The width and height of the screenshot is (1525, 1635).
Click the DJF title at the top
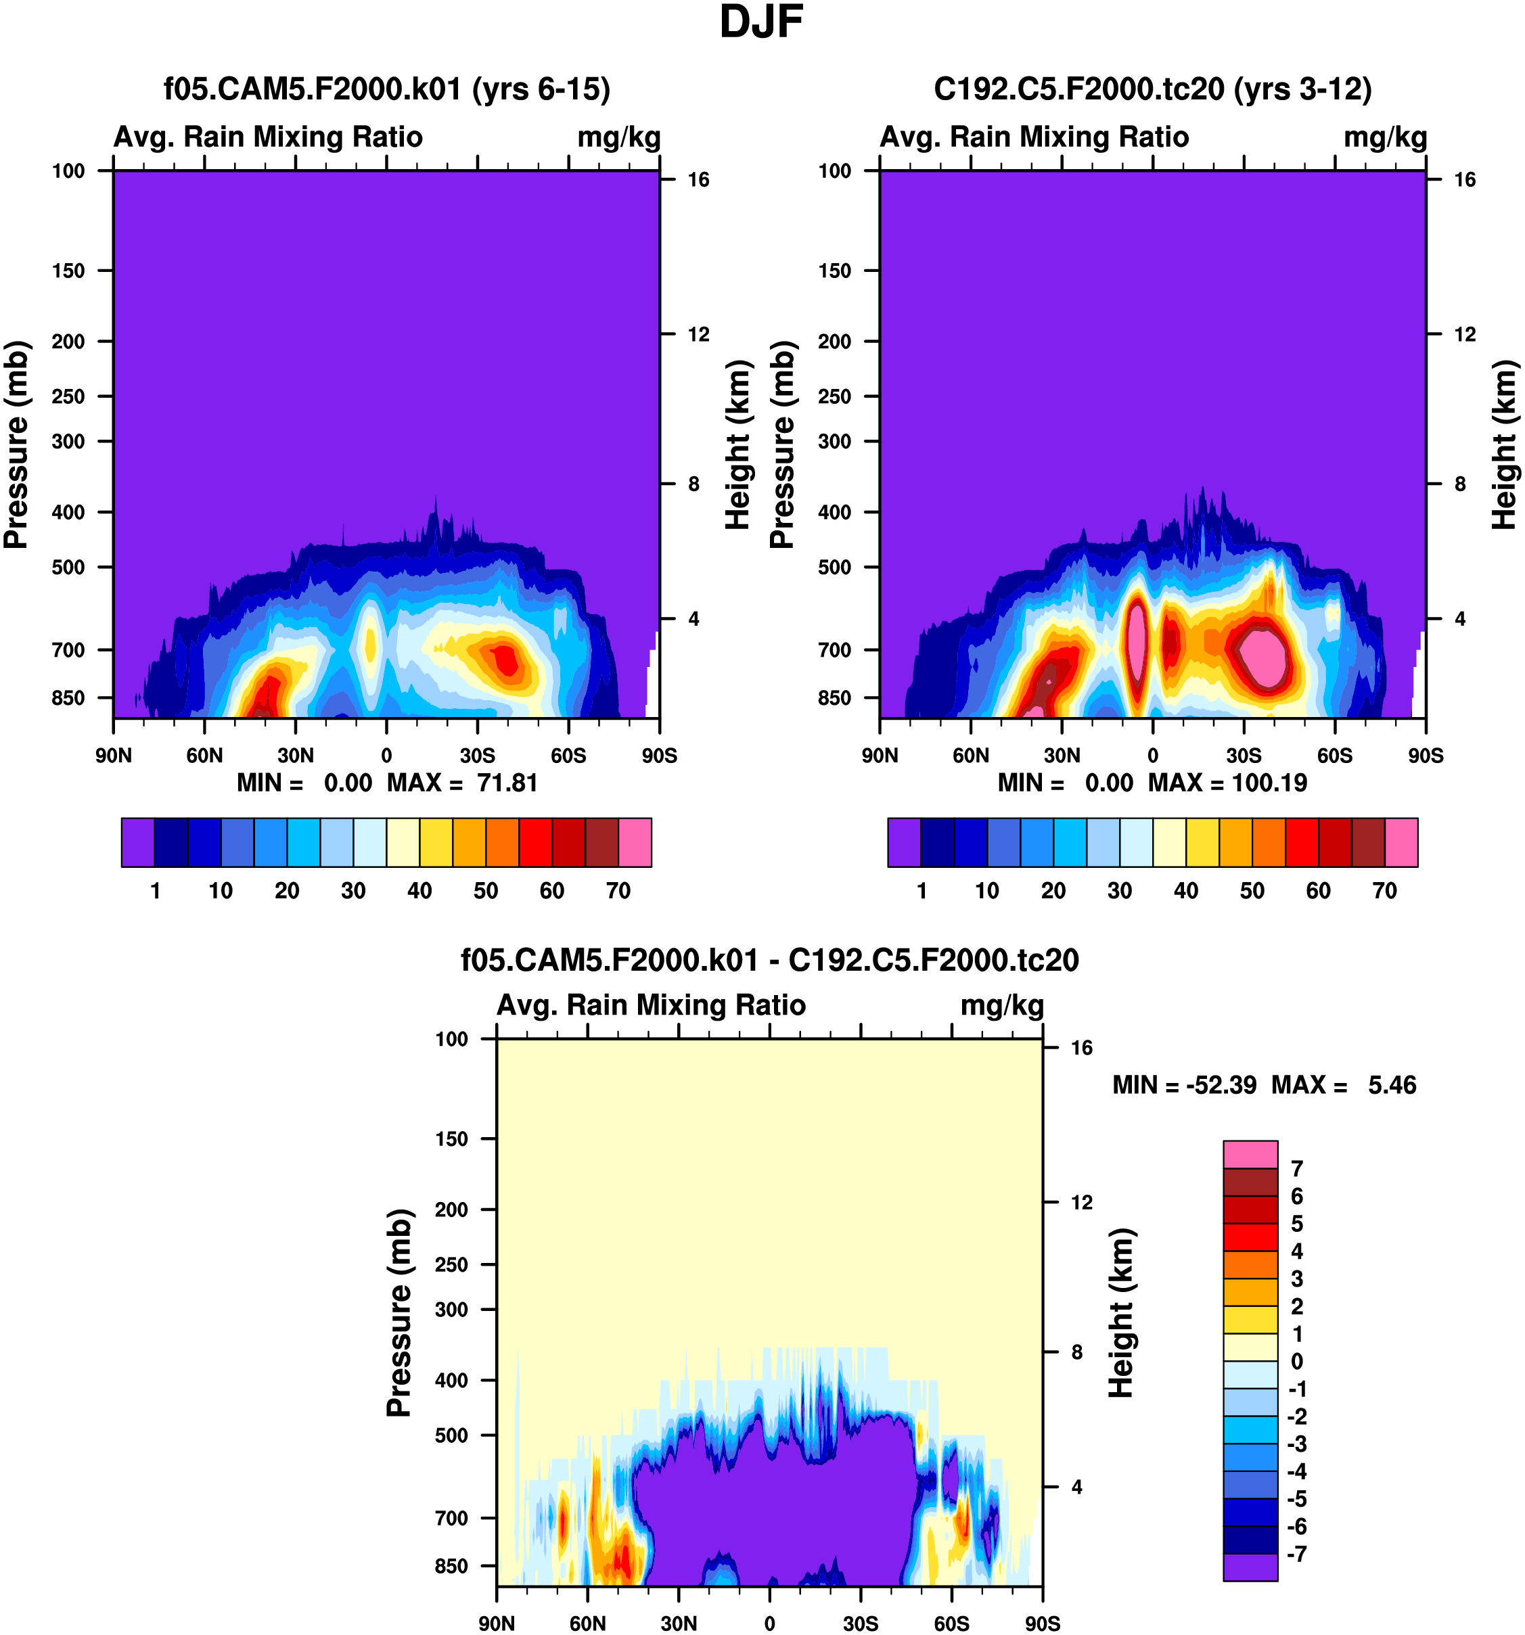[761, 23]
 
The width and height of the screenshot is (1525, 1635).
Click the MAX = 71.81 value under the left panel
[462, 783]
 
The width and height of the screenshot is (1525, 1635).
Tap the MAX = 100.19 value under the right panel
[1227, 783]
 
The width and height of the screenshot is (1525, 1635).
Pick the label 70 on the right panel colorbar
[1384, 891]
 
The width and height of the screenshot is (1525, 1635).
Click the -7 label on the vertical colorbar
[1297, 1554]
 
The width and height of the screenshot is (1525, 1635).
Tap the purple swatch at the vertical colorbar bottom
[1250, 1566]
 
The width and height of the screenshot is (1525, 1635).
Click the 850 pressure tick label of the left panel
[68, 698]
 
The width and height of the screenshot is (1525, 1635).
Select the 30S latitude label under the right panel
[1244, 756]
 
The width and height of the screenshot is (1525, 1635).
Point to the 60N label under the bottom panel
[587, 1624]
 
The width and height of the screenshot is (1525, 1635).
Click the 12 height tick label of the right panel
[1464, 335]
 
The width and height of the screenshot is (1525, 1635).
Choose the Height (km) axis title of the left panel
[739, 445]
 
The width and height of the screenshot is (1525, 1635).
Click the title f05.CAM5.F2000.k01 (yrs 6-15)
[386, 89]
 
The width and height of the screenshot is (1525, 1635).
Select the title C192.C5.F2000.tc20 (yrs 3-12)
[1152, 89]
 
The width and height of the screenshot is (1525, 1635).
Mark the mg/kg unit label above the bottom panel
[1002, 1006]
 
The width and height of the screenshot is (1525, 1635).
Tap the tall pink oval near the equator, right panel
[1137, 637]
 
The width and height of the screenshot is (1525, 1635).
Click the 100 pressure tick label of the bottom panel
[451, 1040]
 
